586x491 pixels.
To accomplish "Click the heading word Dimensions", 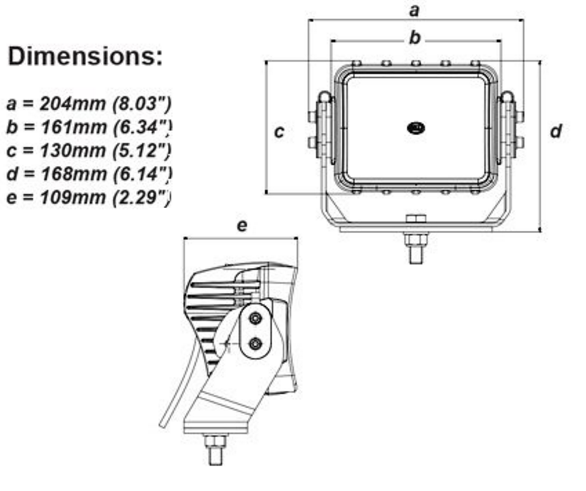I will (85, 57).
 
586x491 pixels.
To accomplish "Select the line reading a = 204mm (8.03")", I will (89, 103).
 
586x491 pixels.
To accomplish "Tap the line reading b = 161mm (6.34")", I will (89, 127).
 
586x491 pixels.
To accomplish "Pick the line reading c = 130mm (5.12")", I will (89, 150).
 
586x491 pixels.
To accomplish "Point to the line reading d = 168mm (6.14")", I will (89, 174).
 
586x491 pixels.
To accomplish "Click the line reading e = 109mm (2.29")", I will (89, 197).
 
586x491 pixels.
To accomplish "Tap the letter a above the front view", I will (415, 10).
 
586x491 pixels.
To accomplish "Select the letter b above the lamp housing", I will (415, 37).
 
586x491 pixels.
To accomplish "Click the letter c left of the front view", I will (279, 131).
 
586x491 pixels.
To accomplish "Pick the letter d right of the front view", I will (556, 131).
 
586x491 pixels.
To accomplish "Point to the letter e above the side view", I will (242, 226).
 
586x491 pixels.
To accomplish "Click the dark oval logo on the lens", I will (416, 128).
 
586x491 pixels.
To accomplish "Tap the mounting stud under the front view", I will (416, 248).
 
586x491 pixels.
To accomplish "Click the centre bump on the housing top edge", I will (416, 63).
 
